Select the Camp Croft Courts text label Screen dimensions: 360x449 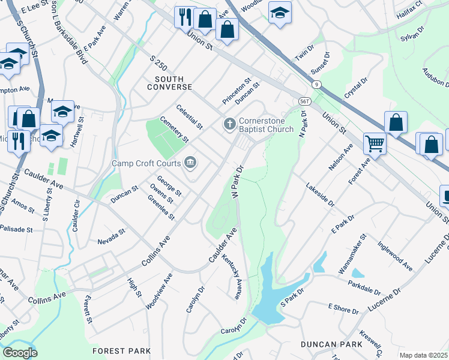[146, 163]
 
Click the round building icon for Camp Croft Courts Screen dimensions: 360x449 [191, 162]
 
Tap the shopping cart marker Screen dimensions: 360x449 [374, 143]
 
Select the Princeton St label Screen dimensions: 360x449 [237, 89]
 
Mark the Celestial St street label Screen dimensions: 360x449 [189, 116]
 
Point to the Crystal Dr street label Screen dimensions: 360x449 [355, 89]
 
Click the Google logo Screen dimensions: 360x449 [20, 353]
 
